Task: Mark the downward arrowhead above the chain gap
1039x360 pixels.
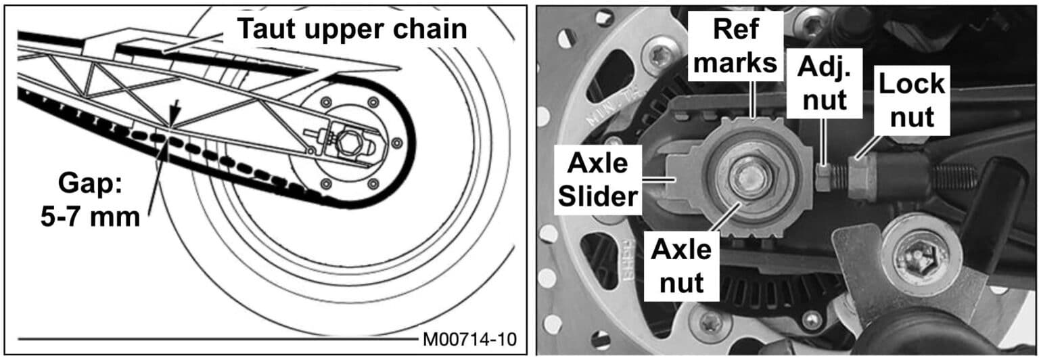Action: point(173,122)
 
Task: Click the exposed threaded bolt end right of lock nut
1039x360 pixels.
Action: point(947,177)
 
